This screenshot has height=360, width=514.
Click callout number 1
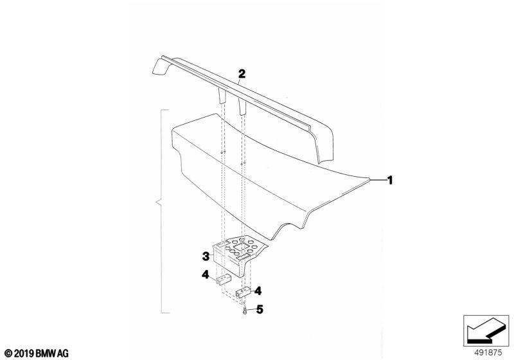pos(390,180)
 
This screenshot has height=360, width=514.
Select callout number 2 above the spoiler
pos(242,73)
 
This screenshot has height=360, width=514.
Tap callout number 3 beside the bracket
pos(206,256)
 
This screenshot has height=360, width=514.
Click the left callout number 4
pos(205,274)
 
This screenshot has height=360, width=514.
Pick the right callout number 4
pos(258,291)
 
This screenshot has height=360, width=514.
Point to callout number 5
pos(260,309)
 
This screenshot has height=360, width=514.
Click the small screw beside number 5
pos(245,311)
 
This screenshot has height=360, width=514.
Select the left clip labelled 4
pos(224,280)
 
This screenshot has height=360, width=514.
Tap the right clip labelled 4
pos(243,292)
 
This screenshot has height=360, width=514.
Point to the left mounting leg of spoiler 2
pos(222,97)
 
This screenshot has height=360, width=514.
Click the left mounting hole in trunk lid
pos(222,152)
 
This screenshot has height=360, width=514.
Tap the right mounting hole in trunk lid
pos(242,163)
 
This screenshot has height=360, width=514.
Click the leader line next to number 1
pos(377,179)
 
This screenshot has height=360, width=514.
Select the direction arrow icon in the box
pos(486,330)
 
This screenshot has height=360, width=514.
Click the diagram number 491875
pos(488,353)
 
